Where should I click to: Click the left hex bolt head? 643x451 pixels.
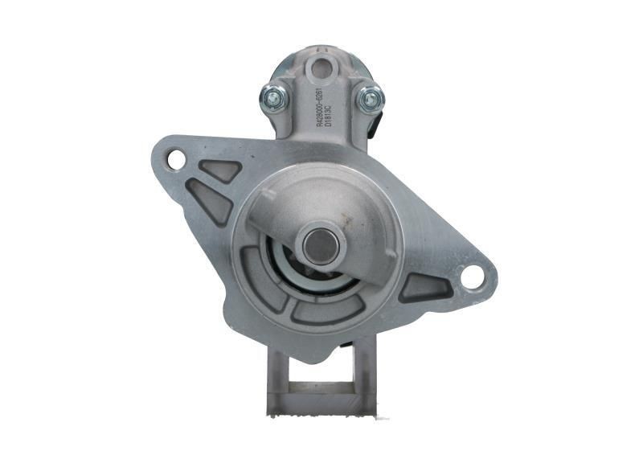[x=273, y=98]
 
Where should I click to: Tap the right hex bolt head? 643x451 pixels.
[x=369, y=99]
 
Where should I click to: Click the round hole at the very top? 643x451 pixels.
[x=324, y=67]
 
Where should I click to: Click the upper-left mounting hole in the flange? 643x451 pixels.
[x=175, y=159]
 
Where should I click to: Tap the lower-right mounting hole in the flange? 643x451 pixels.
[x=472, y=277]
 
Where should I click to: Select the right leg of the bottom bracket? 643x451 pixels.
[x=365, y=378]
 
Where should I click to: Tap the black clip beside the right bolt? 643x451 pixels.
[x=377, y=125]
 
